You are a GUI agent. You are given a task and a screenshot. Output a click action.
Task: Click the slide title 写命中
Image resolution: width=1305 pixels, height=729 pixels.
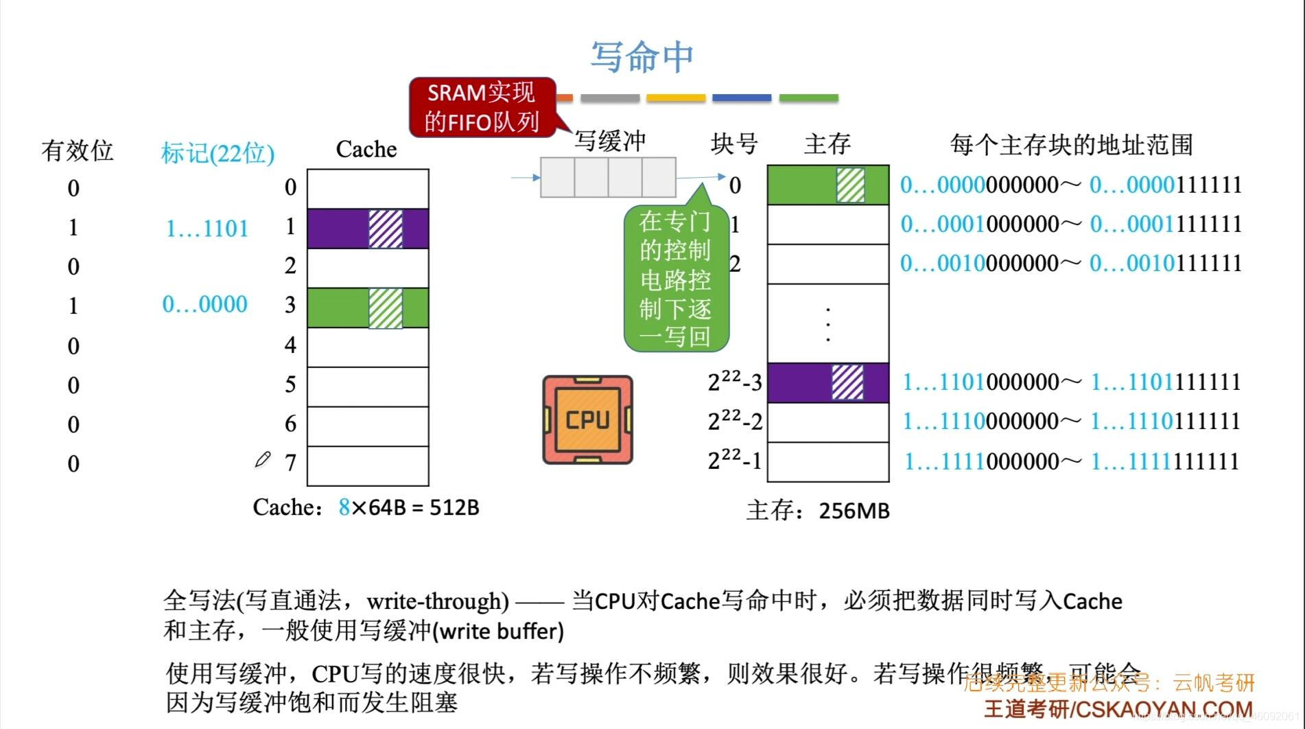[642, 56]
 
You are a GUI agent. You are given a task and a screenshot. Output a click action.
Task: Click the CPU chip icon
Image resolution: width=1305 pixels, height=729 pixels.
[587, 419]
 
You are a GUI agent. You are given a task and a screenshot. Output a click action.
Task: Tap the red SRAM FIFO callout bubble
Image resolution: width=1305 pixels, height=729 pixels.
[482, 107]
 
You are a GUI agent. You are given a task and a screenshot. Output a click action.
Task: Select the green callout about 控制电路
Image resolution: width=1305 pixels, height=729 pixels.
[675, 279]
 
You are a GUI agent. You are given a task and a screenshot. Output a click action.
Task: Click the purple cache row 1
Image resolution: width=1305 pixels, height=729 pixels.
[368, 229]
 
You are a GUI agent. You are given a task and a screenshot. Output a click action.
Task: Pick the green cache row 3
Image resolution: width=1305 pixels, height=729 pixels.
[368, 308]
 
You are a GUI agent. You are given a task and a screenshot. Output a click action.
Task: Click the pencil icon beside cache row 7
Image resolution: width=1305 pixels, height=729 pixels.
[262, 459]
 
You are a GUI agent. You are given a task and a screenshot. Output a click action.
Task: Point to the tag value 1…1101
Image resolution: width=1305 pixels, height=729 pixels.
[207, 229]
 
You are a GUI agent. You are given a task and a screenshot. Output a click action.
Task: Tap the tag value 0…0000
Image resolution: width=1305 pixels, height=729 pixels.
[204, 304]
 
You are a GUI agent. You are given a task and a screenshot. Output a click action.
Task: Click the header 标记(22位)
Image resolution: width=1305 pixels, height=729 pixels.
[217, 152]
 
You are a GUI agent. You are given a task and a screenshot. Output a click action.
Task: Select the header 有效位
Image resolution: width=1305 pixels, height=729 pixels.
[77, 150]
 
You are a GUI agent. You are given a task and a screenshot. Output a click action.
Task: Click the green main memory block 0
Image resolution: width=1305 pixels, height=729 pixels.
[827, 185]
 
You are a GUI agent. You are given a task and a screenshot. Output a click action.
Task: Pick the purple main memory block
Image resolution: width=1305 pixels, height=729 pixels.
[827, 382]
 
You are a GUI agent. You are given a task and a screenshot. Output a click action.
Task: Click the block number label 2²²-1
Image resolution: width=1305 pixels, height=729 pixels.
[735, 460]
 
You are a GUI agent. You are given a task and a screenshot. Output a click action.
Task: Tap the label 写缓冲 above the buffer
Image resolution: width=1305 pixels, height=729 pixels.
[610, 141]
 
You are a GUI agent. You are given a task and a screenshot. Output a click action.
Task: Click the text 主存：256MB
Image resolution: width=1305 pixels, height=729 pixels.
[818, 511]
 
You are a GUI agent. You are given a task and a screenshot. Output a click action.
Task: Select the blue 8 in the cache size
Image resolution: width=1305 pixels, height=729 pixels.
[344, 507]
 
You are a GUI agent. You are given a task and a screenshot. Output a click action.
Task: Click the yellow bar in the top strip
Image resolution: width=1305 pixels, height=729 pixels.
[676, 98]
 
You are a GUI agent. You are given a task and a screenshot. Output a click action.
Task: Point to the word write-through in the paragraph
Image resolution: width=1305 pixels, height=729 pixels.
[437, 601]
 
